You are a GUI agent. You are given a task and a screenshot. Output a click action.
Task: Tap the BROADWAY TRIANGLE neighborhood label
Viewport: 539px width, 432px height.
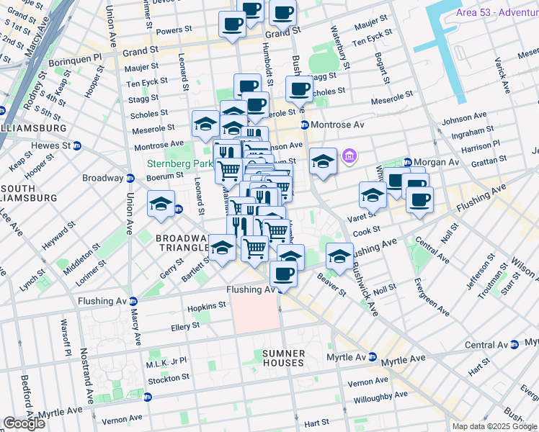(183, 243)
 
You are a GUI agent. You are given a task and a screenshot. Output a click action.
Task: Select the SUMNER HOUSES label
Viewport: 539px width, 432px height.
(283, 358)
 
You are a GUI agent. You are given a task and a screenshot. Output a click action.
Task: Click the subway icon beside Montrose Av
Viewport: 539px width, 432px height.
(305, 125)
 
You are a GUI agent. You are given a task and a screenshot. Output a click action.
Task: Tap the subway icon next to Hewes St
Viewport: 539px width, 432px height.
(77, 145)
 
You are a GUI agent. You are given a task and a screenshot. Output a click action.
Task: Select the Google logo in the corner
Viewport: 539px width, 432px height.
(24, 423)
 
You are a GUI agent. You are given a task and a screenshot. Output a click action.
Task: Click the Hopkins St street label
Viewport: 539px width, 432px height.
(207, 306)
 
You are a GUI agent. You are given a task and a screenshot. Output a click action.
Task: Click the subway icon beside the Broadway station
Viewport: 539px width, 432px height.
(130, 179)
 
